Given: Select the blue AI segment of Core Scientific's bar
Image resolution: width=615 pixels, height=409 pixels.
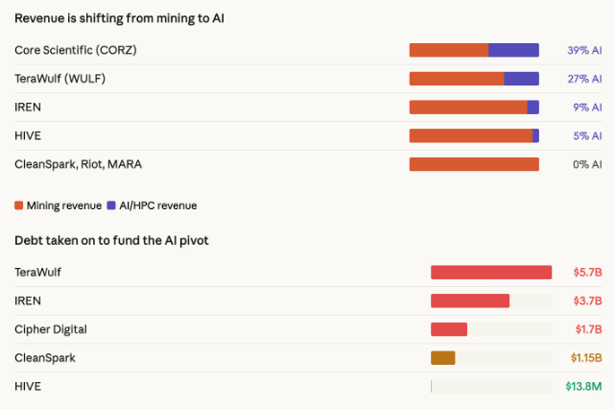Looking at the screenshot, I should tap(513, 50).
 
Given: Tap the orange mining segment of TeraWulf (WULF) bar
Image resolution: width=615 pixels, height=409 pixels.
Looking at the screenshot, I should tap(457, 79).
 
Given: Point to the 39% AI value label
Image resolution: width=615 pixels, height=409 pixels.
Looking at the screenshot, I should tap(584, 50).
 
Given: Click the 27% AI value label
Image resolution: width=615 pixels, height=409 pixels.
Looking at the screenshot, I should tap(584, 79).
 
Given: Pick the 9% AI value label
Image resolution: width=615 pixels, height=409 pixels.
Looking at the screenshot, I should tap(587, 108).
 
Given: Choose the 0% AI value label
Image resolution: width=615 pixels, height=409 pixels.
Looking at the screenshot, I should tap(587, 164).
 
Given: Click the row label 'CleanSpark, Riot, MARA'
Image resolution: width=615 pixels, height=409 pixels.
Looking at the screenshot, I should tap(79, 164).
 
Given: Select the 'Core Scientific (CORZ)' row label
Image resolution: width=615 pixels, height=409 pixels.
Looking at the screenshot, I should tap(76, 50).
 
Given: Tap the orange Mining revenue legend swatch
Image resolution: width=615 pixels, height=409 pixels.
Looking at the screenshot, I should tap(19, 205).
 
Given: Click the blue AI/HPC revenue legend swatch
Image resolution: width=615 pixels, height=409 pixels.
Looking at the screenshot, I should tap(111, 205).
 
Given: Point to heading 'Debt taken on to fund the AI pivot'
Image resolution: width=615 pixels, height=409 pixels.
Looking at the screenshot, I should tap(111, 240).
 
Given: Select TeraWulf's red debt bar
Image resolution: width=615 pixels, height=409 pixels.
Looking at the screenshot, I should tap(491, 273).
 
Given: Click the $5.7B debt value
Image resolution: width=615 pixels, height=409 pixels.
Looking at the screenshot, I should tap(587, 273).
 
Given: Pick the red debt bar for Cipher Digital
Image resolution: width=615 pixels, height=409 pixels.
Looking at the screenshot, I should tap(449, 329).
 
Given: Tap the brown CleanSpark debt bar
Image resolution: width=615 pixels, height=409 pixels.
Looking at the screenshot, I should tap(442, 358).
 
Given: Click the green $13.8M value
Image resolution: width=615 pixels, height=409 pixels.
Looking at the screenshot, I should tap(583, 386).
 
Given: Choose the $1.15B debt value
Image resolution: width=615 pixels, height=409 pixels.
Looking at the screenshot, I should tap(585, 358).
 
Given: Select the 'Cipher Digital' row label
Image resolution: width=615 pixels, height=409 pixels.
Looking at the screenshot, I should tap(51, 329).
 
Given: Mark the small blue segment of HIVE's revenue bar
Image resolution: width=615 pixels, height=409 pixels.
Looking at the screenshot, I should tap(535, 136).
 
